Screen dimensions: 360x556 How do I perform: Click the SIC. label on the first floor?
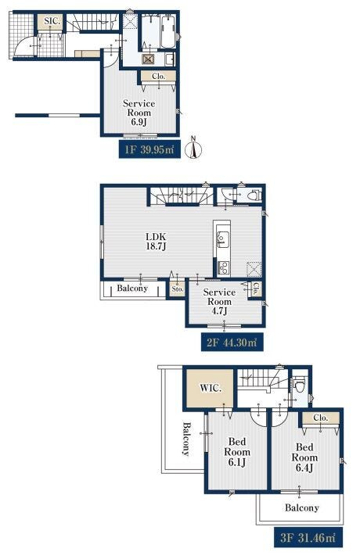pos(52,21)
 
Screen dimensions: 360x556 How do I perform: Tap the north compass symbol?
pos(194,148)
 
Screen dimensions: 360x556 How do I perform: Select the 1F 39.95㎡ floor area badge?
pos(149,149)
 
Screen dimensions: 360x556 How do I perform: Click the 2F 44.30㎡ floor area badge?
pos(232,343)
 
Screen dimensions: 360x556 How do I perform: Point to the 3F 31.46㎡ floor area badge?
pos(308,537)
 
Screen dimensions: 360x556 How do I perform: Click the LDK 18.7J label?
pos(157,242)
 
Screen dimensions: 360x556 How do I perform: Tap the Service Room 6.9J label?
pos(139,113)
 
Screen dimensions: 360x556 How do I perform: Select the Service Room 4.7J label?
pos(219,301)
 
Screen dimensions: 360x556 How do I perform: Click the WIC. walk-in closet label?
pos(211,388)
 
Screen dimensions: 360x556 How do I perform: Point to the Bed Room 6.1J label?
pos(237,452)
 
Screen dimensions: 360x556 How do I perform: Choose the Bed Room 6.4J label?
pos(304,457)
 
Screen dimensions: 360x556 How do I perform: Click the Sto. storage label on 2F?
pos(178,289)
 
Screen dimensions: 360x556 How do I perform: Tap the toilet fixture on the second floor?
pos(254,195)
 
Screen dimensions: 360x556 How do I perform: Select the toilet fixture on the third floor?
pos(300,384)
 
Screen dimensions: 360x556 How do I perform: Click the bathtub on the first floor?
pos(168,31)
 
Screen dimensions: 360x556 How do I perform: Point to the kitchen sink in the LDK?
pos(223,239)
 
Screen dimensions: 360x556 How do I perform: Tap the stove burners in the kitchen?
pos(224,267)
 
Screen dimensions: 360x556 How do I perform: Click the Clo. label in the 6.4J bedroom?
pos(321,418)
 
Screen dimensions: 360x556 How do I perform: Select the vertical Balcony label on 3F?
pos(186,439)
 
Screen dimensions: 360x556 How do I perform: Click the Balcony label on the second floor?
pos(132,288)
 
